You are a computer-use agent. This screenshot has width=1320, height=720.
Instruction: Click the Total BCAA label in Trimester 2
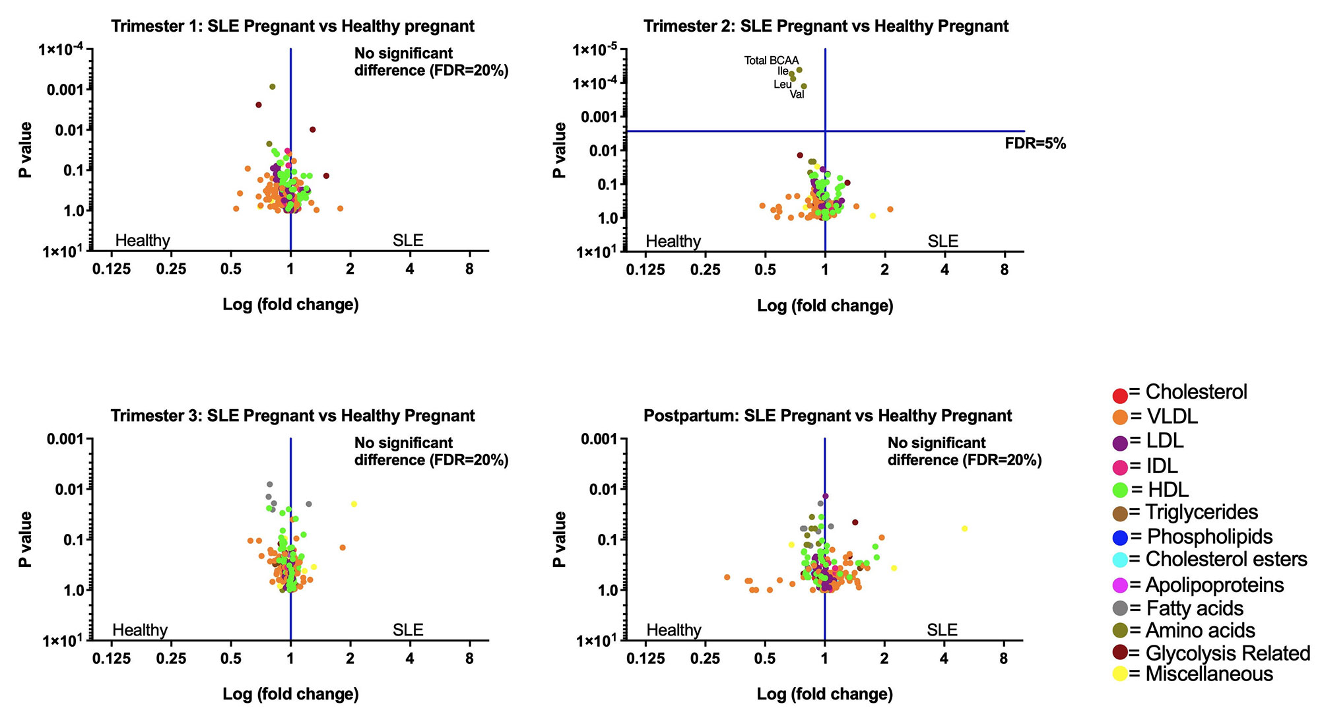[771, 60]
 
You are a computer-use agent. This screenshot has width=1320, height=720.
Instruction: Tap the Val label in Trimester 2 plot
[797, 94]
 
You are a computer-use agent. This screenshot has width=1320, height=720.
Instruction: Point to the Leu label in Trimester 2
[782, 84]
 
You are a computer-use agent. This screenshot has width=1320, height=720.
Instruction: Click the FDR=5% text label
[1035, 143]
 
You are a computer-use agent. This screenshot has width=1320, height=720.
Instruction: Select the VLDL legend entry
[1163, 416]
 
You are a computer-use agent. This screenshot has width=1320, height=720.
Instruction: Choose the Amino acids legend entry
[1191, 630]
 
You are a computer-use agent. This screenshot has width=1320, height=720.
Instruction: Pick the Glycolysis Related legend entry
[1219, 653]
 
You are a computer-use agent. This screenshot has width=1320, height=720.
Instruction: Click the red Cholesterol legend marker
[1119, 396]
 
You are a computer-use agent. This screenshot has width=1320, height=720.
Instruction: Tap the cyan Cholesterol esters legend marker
[1119, 560]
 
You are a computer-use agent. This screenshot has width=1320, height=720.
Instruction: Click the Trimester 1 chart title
[292, 26]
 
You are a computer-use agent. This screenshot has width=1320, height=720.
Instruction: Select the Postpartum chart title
[827, 415]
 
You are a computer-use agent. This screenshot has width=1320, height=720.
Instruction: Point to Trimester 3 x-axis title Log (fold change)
[290, 694]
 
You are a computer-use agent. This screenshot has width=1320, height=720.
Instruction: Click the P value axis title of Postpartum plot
[559, 539]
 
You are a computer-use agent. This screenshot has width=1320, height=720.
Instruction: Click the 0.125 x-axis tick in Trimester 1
[112, 269]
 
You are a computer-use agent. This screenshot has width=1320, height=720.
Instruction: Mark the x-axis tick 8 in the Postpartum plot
[1003, 658]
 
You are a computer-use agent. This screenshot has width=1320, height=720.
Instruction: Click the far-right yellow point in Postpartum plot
[964, 529]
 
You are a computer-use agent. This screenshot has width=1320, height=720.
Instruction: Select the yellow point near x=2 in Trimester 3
[354, 504]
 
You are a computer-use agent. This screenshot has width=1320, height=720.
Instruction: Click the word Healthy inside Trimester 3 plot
[140, 630]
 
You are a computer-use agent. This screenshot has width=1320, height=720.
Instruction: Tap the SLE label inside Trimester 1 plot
[408, 240]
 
